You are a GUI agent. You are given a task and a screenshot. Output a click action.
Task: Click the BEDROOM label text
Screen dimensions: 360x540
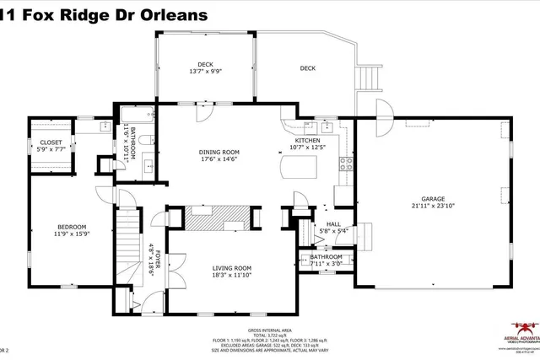coord(71,227)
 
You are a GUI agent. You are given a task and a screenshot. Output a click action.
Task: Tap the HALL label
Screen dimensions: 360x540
coord(332,224)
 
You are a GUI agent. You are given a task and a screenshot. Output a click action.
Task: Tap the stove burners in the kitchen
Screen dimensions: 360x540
coord(345,164)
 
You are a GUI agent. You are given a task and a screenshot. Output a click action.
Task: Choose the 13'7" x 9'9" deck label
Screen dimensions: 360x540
coord(205,73)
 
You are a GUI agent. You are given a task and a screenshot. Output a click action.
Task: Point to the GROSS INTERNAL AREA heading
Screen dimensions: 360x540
coord(270,330)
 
